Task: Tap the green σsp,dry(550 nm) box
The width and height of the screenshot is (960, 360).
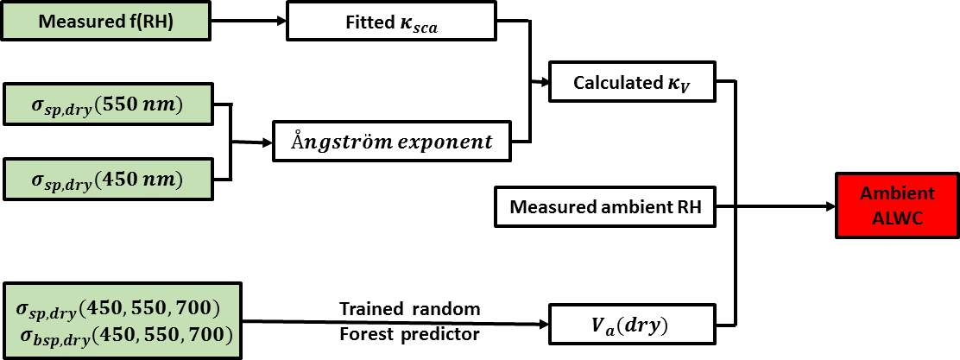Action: pyautogui.click(x=109, y=105)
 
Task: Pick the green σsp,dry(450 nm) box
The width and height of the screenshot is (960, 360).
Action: pyautogui.click(x=109, y=179)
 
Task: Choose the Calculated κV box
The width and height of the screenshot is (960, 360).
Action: pyautogui.click(x=632, y=82)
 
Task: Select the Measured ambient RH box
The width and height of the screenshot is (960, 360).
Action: pyautogui.click(x=603, y=207)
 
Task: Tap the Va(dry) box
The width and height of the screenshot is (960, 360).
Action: pyautogui.click(x=632, y=325)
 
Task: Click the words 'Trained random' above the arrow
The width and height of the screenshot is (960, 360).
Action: pyautogui.click(x=409, y=308)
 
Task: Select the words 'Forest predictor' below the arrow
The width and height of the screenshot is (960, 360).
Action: pyautogui.click(x=409, y=334)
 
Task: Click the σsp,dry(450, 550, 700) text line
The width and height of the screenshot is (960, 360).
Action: pyautogui.click(x=118, y=306)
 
